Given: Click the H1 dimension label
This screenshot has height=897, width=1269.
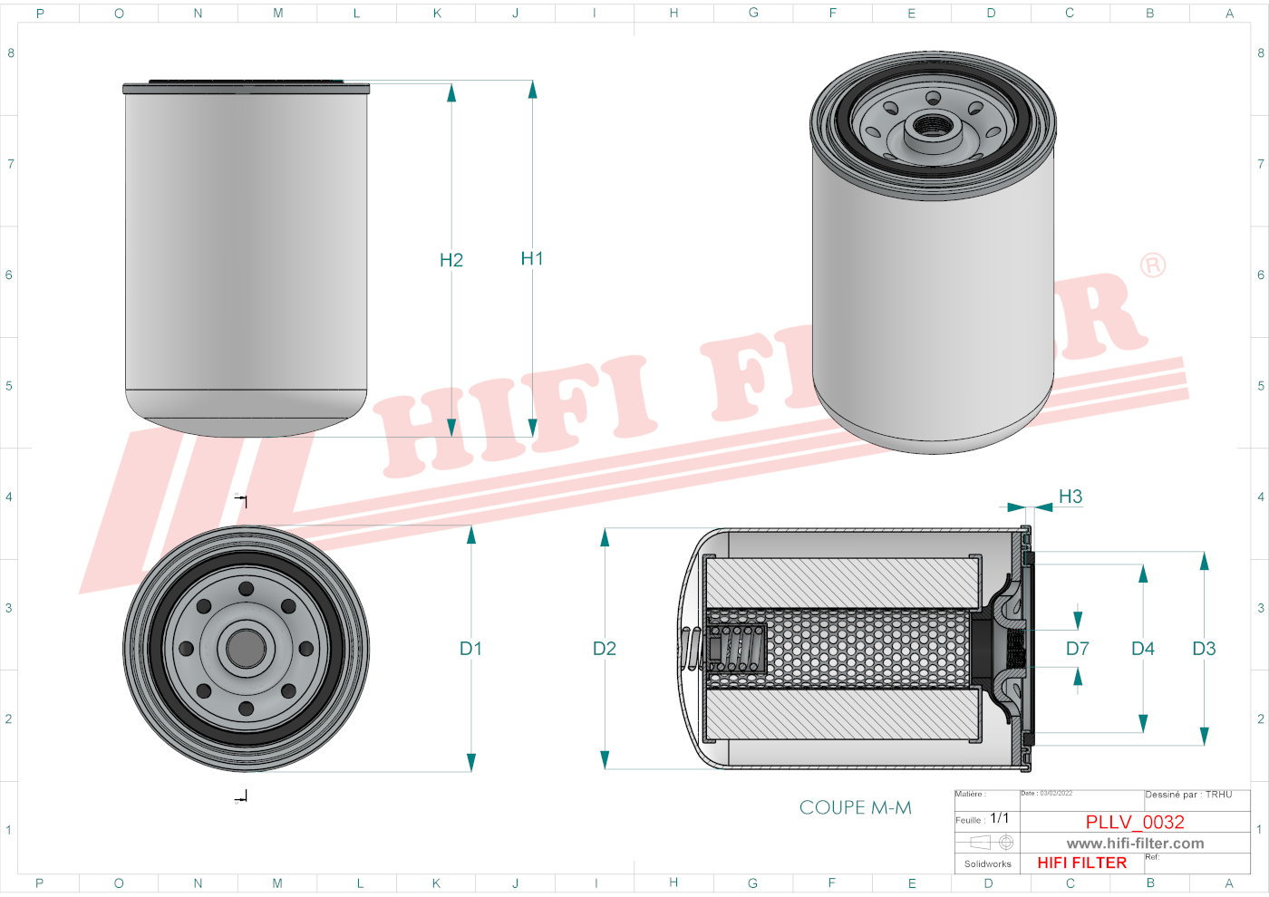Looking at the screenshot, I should click(532, 259).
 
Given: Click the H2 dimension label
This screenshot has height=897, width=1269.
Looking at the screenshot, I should click(451, 261).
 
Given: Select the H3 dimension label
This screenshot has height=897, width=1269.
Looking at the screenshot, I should click(1070, 497).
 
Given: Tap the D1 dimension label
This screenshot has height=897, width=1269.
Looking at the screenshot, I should click(470, 649).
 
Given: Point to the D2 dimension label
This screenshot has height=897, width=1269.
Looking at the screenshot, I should click(605, 649).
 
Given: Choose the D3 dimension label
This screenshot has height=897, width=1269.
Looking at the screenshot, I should click(1204, 649).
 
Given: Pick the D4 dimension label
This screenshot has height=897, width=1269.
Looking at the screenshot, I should click(1143, 649).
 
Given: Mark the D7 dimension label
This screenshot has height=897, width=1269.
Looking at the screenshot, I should click(1078, 649).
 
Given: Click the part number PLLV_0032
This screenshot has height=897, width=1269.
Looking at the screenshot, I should click(1135, 822).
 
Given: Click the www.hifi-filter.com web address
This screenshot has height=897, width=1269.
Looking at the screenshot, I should click(1135, 844).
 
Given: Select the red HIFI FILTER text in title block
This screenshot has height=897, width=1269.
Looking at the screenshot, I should click(1081, 863).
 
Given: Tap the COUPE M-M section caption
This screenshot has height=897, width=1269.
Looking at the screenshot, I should click(855, 807).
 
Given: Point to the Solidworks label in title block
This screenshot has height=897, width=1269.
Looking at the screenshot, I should click(987, 864).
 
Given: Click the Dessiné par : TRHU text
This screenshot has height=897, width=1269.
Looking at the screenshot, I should click(1188, 795).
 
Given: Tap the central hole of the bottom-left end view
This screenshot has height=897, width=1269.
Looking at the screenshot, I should click(246, 648).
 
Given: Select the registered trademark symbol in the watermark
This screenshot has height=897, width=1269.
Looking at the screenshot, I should click(1153, 265).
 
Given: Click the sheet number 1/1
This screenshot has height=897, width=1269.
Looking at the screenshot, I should click(999, 818).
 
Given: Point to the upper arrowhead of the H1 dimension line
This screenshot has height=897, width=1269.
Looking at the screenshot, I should click(532, 89).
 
